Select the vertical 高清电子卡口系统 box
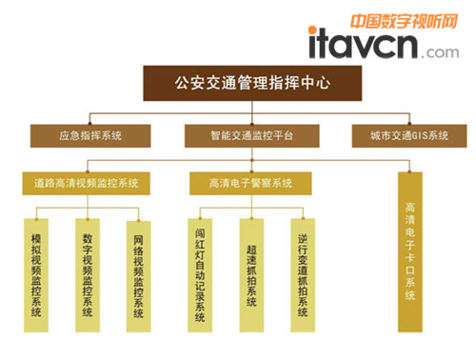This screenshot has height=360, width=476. pos(410,251)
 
